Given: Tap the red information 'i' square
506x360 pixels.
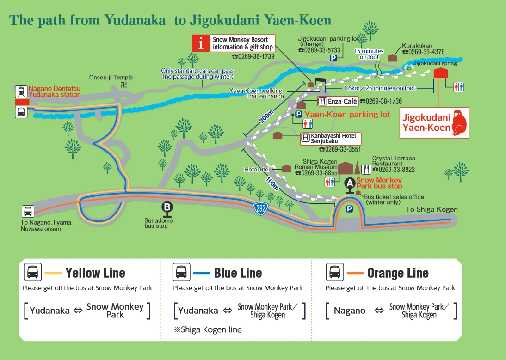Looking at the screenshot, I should [x=201, y=43].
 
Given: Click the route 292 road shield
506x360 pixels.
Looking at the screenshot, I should [x=261, y=208].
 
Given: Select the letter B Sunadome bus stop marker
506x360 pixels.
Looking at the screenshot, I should [x=167, y=207].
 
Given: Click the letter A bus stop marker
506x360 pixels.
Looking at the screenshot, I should [x=350, y=183].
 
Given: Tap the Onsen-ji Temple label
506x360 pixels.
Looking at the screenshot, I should [x=111, y=78].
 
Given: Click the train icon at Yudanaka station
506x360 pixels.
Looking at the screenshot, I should [x=21, y=92].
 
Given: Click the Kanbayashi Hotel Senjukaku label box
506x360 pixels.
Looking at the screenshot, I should [x=331, y=138].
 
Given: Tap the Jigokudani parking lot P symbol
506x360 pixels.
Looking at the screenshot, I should [x=333, y=58].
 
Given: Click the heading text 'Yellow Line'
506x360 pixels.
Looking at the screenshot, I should [x=95, y=273].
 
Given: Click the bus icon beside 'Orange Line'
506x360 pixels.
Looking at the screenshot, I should [x=334, y=272].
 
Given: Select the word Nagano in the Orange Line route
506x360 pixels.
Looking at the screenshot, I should [x=349, y=311].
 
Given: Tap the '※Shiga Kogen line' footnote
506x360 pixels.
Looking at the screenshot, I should [x=207, y=329].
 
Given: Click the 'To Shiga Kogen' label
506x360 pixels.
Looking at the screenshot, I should [x=432, y=209].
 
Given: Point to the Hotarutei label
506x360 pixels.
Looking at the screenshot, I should [x=257, y=170].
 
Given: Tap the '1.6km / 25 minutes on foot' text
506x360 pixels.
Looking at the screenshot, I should [x=380, y=88].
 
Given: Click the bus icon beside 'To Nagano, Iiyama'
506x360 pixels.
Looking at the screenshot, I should [x=28, y=212].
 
